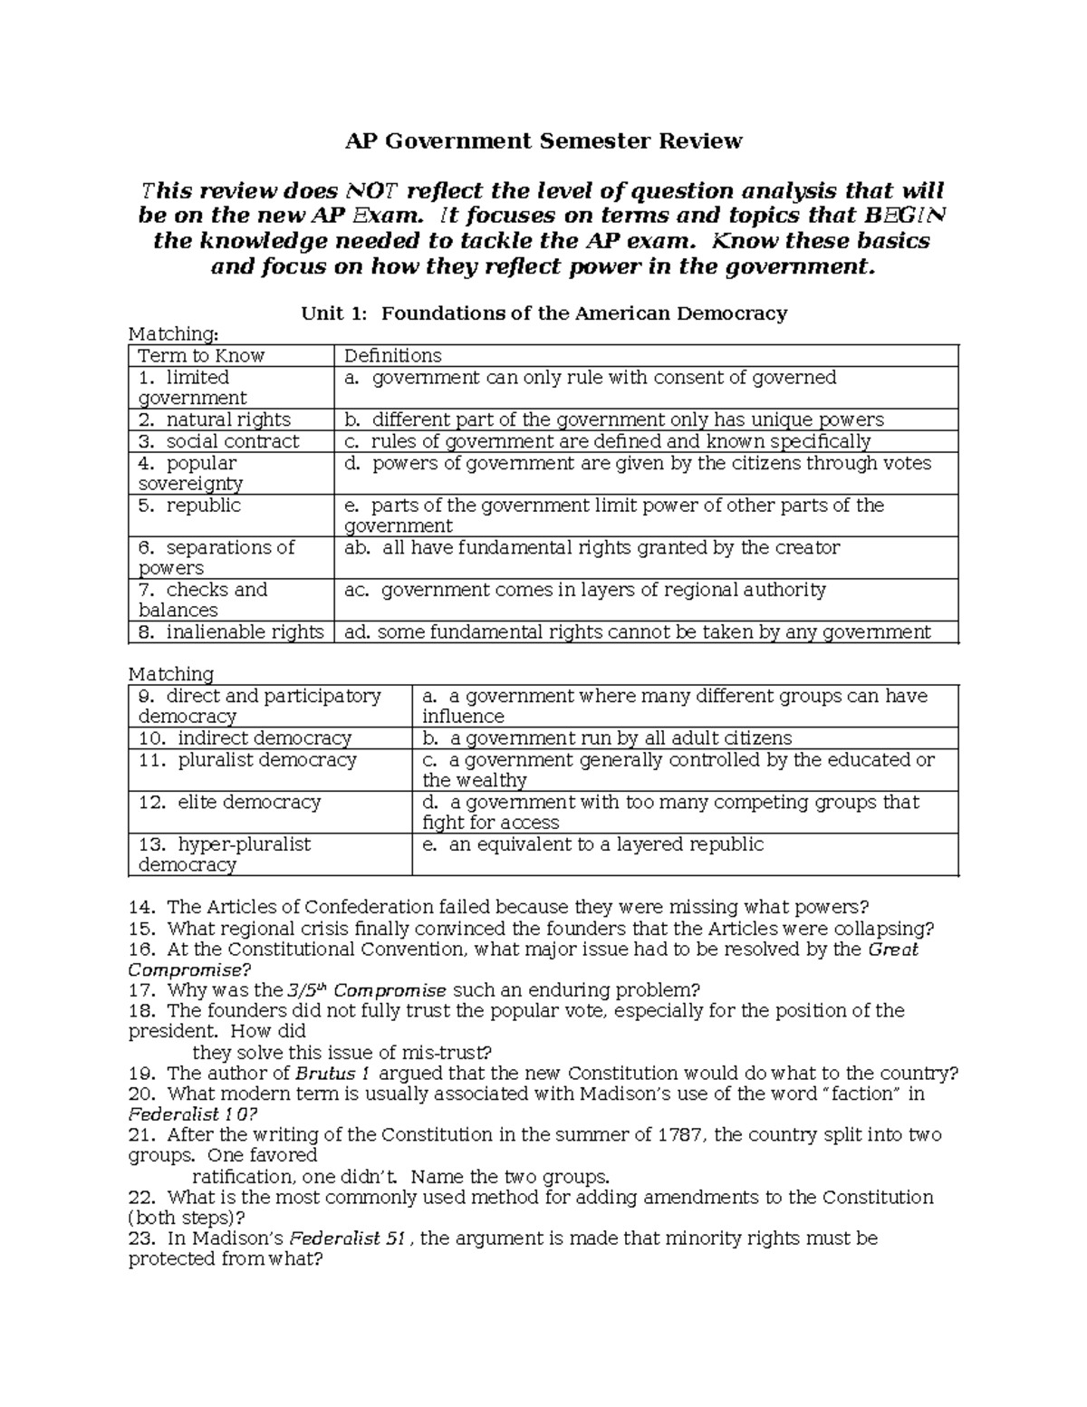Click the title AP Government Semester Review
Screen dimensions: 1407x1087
click(543, 141)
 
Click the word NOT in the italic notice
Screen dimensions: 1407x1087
click(369, 191)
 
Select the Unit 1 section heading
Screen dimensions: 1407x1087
click(543, 313)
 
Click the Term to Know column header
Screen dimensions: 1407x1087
click(201, 356)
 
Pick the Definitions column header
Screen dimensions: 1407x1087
click(393, 356)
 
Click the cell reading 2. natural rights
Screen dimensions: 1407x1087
click(215, 419)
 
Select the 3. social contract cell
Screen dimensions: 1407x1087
click(218, 441)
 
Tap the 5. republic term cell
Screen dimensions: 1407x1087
click(189, 506)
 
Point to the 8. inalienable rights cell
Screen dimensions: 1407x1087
click(231, 632)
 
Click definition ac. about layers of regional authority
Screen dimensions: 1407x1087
click(585, 590)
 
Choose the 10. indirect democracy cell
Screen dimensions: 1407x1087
click(245, 738)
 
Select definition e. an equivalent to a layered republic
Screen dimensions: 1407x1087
click(592, 844)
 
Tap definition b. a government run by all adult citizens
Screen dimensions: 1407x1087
click(607, 738)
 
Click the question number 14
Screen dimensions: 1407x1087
click(141, 907)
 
